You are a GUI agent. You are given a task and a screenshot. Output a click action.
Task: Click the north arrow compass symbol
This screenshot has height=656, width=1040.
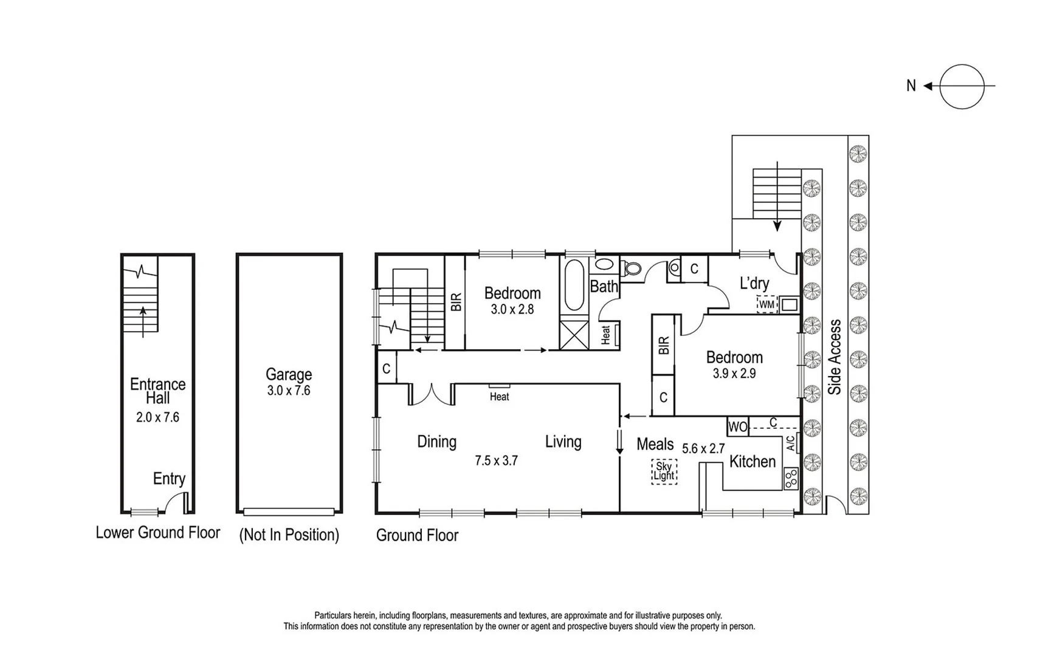click(x=961, y=86)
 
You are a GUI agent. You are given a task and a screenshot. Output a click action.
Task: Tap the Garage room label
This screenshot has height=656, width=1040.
click(x=289, y=374)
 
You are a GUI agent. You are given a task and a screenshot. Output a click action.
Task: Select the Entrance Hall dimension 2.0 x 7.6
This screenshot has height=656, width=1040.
click(x=157, y=417)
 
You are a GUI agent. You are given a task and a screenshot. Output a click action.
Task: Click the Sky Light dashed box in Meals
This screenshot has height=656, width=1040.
click(x=664, y=471)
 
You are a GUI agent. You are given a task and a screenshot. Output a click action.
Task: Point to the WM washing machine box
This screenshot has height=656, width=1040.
click(x=767, y=304)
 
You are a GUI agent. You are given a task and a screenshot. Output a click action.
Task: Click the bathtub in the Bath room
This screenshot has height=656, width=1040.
click(x=574, y=285)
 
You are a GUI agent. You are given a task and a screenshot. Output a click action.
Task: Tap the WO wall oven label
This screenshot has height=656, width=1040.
click(x=737, y=427)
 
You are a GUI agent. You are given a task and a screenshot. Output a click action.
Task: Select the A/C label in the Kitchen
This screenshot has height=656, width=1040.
click(x=790, y=443)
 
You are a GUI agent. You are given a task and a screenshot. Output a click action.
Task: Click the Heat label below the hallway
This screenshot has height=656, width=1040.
click(x=499, y=397)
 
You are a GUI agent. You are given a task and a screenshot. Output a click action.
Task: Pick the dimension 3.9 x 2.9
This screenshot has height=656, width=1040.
click(x=734, y=374)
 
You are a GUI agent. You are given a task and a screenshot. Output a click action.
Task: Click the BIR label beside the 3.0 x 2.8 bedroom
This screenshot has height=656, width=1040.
click(x=456, y=302)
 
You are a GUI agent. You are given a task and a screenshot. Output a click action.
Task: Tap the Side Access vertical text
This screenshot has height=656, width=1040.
click(x=835, y=357)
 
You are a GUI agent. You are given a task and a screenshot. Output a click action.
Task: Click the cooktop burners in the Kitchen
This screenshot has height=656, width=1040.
click(x=790, y=479)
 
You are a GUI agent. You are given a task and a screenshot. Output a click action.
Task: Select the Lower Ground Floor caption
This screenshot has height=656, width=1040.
click(x=157, y=533)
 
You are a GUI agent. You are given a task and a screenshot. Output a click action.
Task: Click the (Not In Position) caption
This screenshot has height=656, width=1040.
click(x=289, y=535)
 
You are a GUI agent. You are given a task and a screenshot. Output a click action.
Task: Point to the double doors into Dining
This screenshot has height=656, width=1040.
click(x=432, y=395)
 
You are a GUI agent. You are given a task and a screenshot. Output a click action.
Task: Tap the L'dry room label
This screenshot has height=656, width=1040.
click(x=754, y=283)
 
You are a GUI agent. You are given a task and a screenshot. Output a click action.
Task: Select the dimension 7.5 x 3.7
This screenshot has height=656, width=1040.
click(x=496, y=461)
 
